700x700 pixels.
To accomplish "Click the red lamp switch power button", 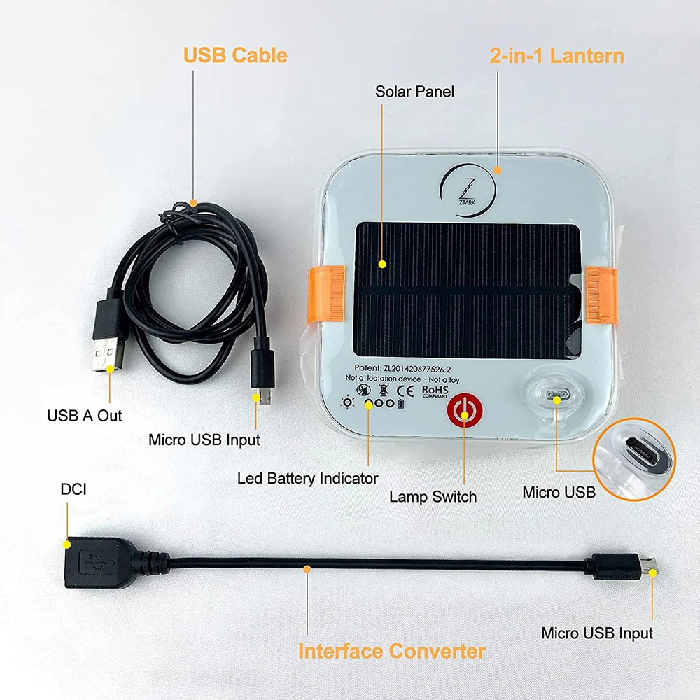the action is coord(462,411).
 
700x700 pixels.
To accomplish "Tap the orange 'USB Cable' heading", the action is coord(235,55).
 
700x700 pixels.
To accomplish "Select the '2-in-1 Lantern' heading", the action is coord(556,56).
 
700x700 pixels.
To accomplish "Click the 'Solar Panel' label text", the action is coord(414,92).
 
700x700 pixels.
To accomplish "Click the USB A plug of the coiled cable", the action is coord(108,347).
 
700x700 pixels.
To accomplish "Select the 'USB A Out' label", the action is coord(84,416).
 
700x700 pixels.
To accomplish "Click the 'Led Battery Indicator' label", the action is coord(307,479).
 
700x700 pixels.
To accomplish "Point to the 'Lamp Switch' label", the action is coord(433,497).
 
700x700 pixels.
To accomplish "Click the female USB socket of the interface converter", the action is coord(98,562).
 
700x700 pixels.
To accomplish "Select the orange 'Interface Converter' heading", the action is coord(391,651).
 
